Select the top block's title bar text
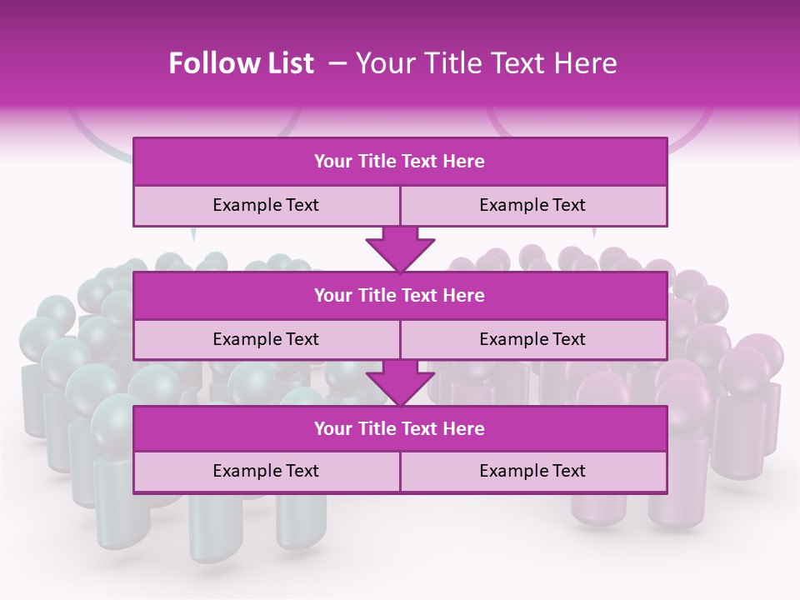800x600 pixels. (399, 162)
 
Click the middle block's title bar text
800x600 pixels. (399, 295)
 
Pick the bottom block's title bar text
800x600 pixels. (399, 428)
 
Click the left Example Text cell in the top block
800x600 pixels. (266, 205)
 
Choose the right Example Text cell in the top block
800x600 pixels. (532, 205)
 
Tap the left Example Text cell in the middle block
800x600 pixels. (266, 339)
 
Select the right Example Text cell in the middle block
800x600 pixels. (532, 339)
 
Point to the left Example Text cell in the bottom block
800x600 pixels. (266, 471)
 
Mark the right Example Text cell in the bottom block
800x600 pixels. (532, 471)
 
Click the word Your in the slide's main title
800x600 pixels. (381, 63)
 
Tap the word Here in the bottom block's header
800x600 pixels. (464, 428)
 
